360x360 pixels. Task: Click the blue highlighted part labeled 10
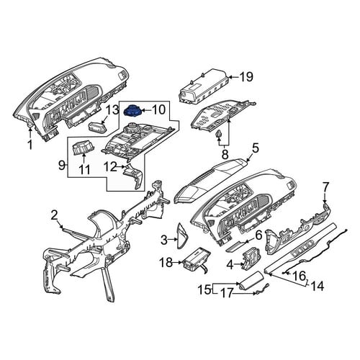click(x=132, y=111)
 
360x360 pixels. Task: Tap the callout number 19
click(x=246, y=77)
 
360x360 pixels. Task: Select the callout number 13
click(x=112, y=110)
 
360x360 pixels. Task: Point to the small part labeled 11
click(x=84, y=148)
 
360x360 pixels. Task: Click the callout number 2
click(x=55, y=215)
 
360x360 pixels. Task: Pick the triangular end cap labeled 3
click(x=182, y=235)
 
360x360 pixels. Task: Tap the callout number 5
click(x=256, y=148)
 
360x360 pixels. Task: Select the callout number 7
click(x=325, y=187)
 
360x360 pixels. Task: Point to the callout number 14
click(x=318, y=286)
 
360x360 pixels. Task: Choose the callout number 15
click(x=204, y=289)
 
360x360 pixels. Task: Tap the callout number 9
click(x=62, y=165)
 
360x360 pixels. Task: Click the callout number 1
click(x=30, y=145)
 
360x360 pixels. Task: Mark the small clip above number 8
click(x=219, y=135)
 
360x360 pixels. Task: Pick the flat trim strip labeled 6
click(x=237, y=246)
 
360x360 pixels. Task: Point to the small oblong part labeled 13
click(x=99, y=126)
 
